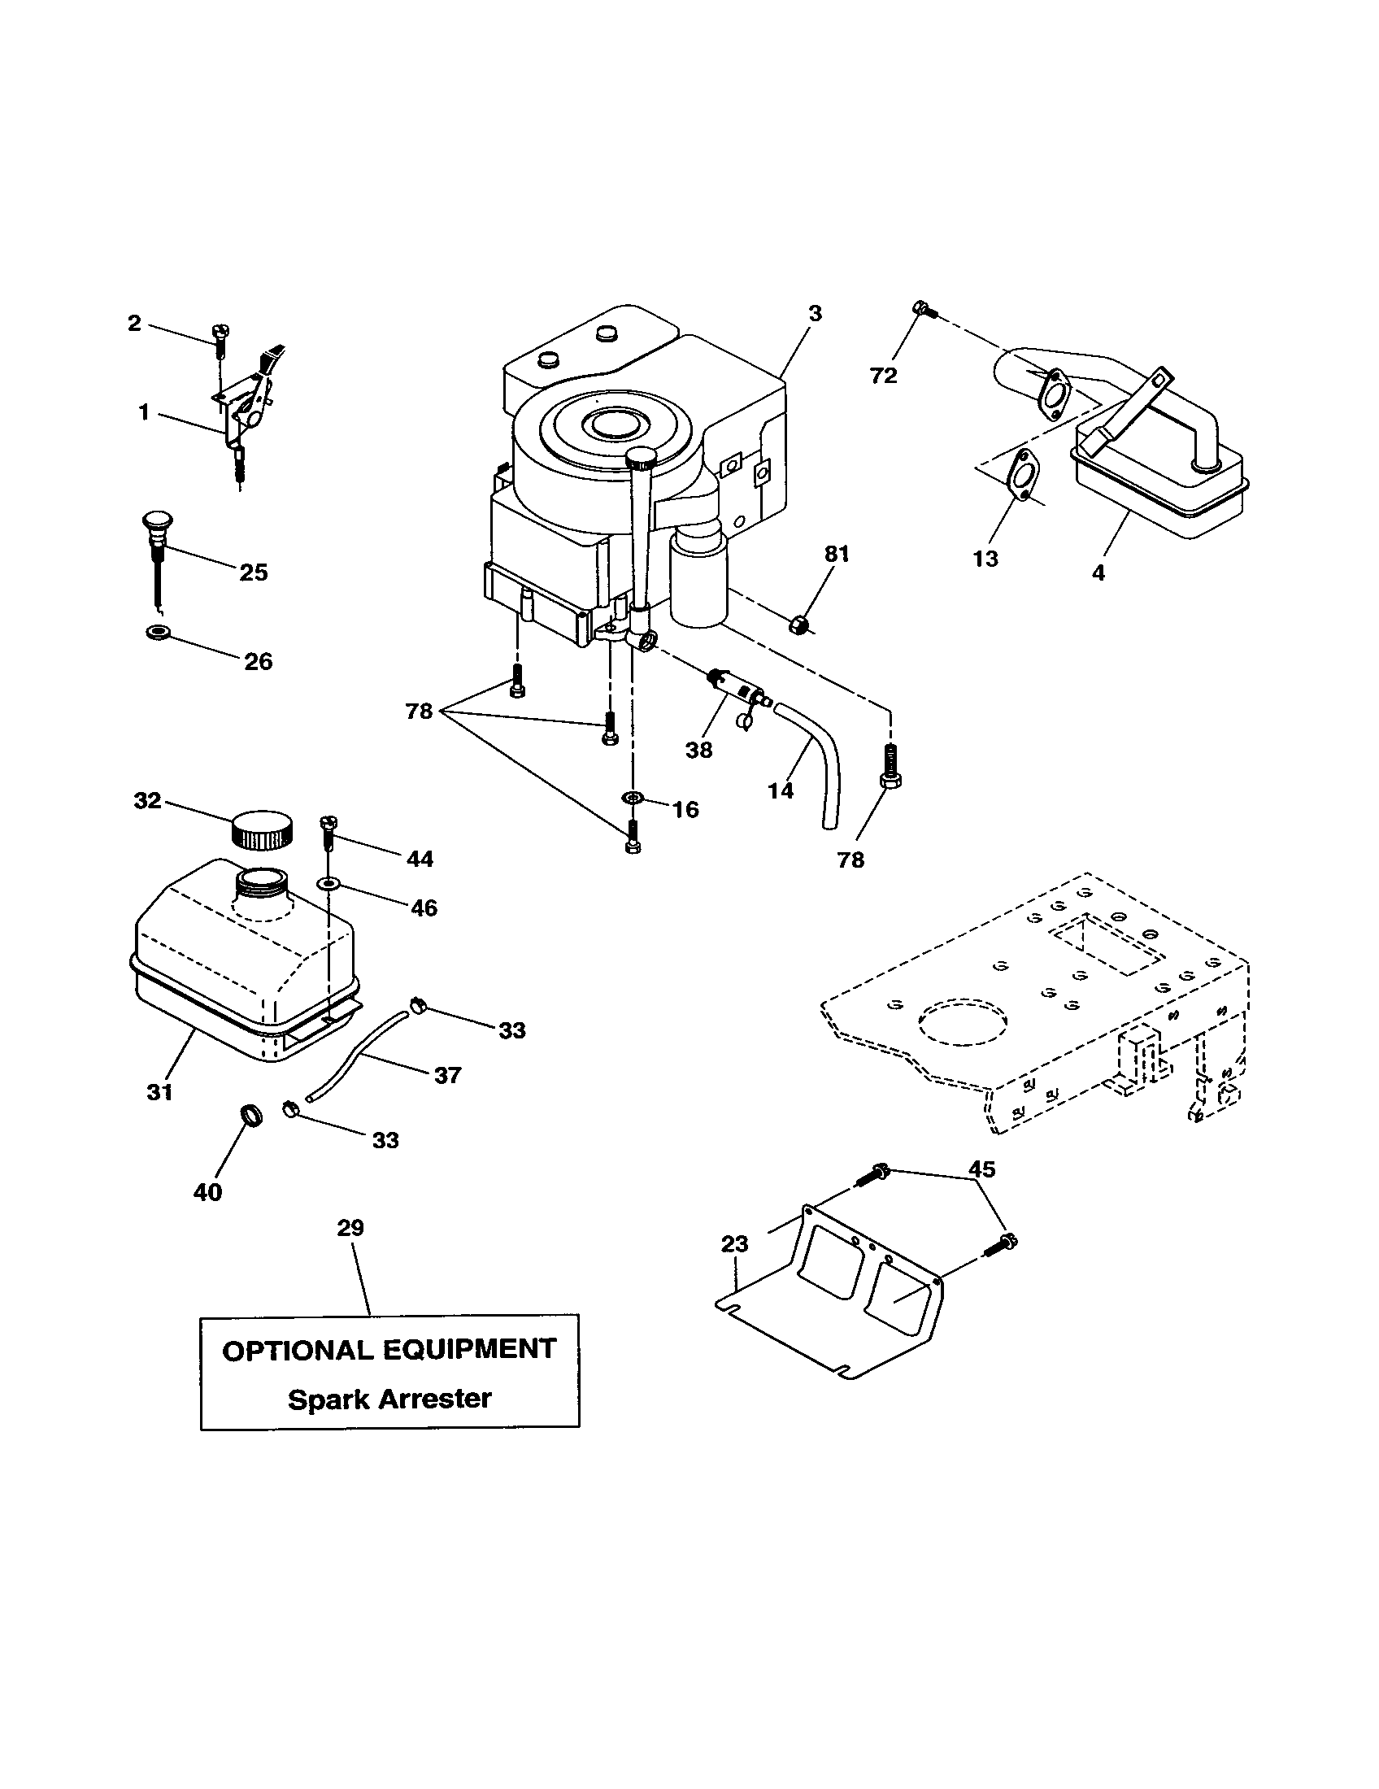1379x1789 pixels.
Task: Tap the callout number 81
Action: tap(836, 555)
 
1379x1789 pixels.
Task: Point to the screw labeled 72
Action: tap(921, 310)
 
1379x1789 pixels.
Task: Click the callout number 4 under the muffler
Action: tap(1098, 572)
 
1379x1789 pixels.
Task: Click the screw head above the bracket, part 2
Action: tap(220, 332)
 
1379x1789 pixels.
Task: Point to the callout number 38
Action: tap(698, 750)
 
